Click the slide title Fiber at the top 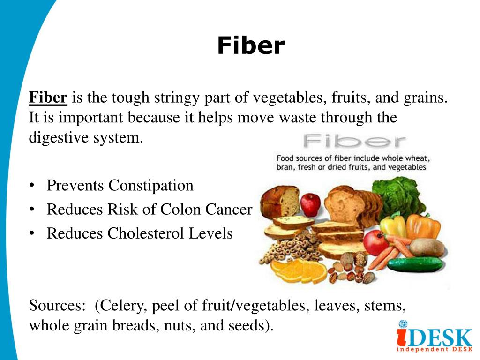(251, 46)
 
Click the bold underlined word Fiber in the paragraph (48, 98)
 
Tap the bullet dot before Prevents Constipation (32, 186)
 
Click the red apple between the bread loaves (310, 204)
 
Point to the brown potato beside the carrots (426, 247)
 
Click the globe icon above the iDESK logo (403, 323)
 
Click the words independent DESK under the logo (434, 350)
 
